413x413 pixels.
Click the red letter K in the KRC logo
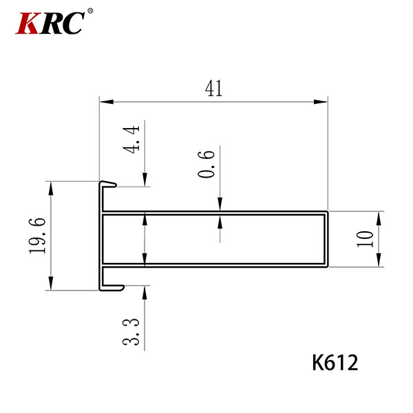[x=27, y=23]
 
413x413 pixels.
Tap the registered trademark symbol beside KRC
[x=89, y=11]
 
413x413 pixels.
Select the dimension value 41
[x=213, y=88]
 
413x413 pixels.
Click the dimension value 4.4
[x=131, y=139]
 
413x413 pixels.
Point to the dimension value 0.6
[x=206, y=164]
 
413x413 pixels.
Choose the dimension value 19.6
[x=37, y=235]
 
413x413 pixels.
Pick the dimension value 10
[x=365, y=239]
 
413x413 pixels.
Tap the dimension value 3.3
[x=131, y=332]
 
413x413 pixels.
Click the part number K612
[x=335, y=363]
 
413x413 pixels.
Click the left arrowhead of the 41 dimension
[x=107, y=102]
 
